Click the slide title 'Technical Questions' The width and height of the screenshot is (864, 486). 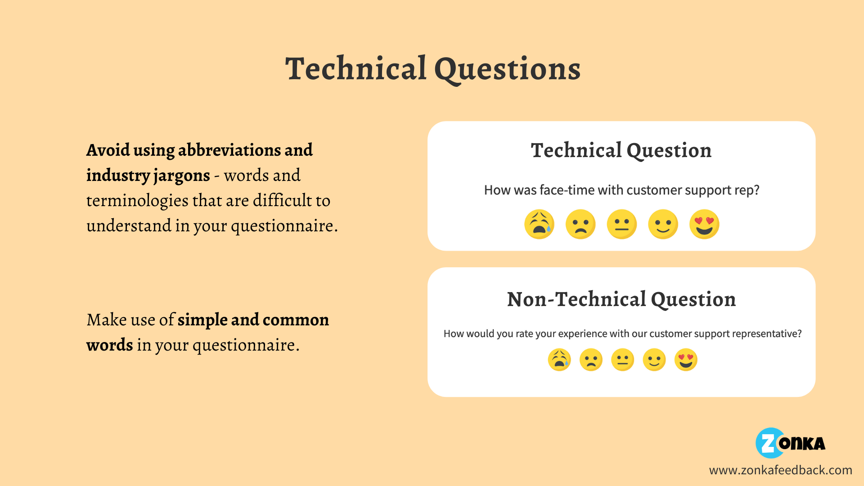tap(433, 69)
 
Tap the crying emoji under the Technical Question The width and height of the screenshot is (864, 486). tap(539, 224)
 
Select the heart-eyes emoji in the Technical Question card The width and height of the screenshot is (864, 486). tap(704, 224)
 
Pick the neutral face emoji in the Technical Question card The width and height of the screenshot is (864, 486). tap(622, 224)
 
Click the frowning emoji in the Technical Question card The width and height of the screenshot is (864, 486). tap(580, 224)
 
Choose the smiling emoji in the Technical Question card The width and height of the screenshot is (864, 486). tap(663, 224)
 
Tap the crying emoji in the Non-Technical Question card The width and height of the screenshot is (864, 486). tap(559, 360)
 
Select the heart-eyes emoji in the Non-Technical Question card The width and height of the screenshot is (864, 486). tap(686, 360)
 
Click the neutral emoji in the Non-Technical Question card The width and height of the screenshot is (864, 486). tap(623, 360)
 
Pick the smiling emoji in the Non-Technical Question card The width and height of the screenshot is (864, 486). tap(654, 360)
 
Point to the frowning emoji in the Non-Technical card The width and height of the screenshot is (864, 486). tap(591, 360)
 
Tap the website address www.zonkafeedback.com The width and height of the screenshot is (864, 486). tap(781, 470)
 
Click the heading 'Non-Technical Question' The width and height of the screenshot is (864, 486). tap(621, 299)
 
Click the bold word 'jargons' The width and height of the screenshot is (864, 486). tap(181, 176)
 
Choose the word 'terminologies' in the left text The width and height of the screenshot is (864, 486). tap(137, 201)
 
